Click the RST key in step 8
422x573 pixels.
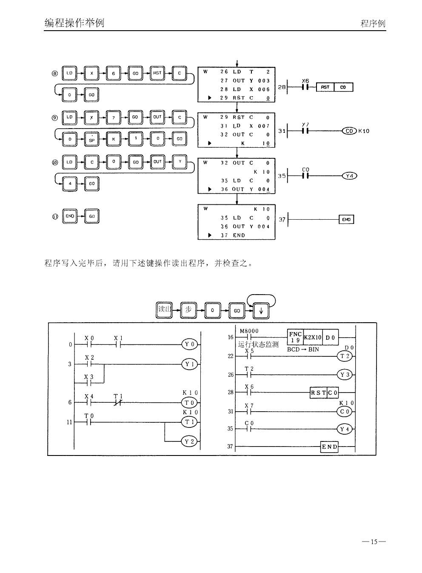pos(157,73)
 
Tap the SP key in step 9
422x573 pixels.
pos(91,139)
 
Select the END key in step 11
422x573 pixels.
pos(70,216)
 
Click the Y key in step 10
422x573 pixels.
pos(180,162)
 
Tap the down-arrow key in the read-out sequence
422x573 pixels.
pos(261,311)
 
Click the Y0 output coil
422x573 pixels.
pos(189,344)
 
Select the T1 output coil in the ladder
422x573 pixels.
pos(189,422)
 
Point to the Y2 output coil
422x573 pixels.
pos(189,441)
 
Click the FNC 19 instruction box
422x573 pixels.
pos(295,337)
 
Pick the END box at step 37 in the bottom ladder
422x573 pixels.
pos(329,447)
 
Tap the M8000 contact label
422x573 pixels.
pos(249,331)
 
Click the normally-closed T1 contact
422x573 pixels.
pos(118,402)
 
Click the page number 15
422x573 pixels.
pos(374,541)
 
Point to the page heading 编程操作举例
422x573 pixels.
pos(74,23)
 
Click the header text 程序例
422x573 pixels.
pos(373,23)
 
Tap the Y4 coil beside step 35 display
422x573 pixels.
pos(349,176)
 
